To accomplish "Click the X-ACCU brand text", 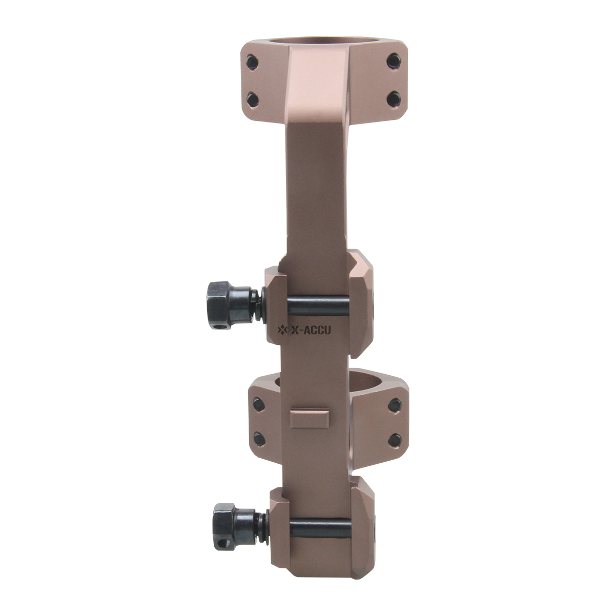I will (311, 331).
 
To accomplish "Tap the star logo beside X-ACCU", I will (282, 331).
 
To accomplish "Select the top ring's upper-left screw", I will (252, 62).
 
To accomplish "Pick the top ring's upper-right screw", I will (394, 60).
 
